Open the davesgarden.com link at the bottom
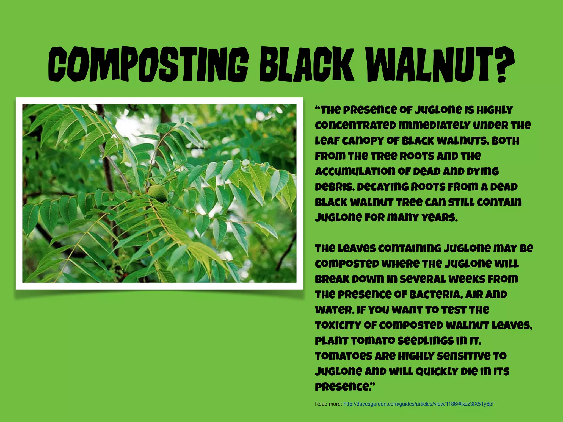point(419,404)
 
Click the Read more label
point(328,404)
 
